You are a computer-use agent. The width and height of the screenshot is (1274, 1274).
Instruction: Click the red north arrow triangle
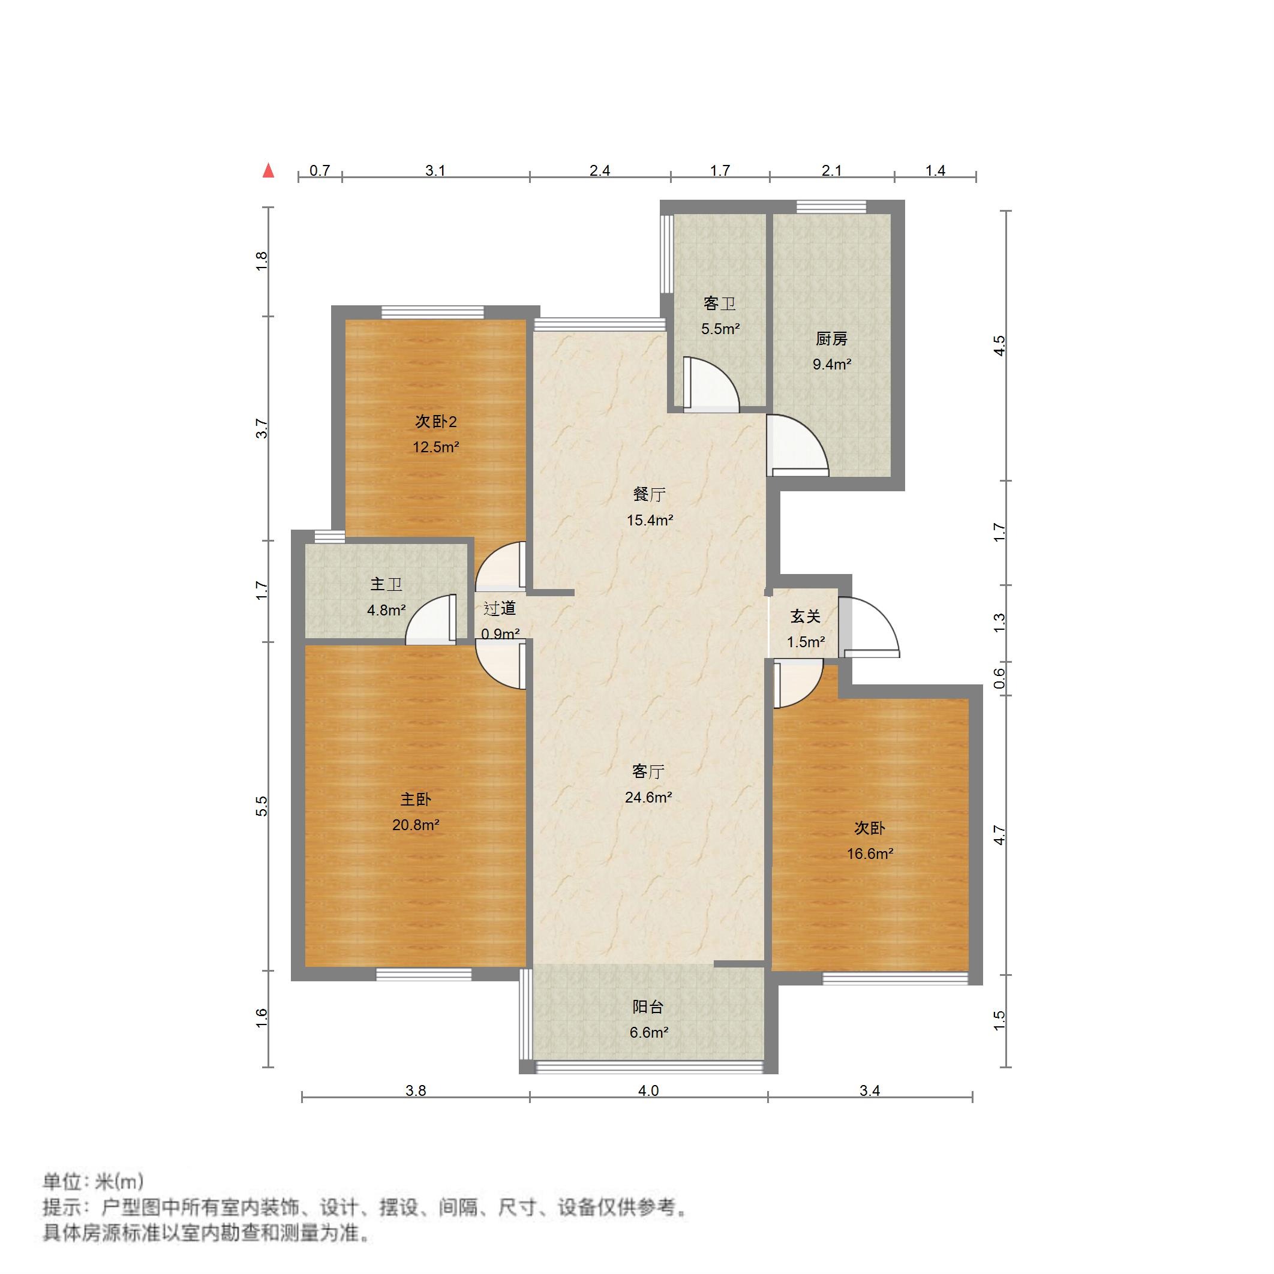[268, 171]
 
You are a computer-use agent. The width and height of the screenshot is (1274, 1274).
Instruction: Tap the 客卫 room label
[719, 304]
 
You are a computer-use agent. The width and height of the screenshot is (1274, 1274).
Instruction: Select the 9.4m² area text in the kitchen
[831, 364]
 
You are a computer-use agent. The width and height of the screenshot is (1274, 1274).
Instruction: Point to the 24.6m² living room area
[648, 798]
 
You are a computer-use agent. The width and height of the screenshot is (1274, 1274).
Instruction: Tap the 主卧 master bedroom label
[416, 799]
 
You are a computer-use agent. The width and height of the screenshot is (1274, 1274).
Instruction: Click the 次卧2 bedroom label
[435, 422]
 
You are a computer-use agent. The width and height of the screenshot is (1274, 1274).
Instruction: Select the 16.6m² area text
[870, 854]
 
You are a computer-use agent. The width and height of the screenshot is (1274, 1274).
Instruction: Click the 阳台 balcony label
[648, 1007]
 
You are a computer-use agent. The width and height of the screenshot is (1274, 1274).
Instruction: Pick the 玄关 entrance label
[805, 617]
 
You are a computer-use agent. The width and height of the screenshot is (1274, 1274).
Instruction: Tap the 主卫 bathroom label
[386, 584]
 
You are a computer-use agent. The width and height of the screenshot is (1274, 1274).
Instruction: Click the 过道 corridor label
[499, 609]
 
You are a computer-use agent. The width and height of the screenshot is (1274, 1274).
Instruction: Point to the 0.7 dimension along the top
[319, 171]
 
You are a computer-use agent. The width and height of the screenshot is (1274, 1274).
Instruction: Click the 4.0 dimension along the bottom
[648, 1090]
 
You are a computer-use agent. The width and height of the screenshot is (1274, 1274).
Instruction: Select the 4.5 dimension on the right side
[1000, 345]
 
